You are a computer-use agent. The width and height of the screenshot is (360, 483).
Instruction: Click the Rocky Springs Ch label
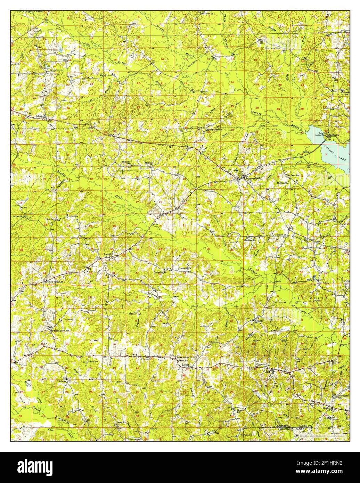[185, 358]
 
